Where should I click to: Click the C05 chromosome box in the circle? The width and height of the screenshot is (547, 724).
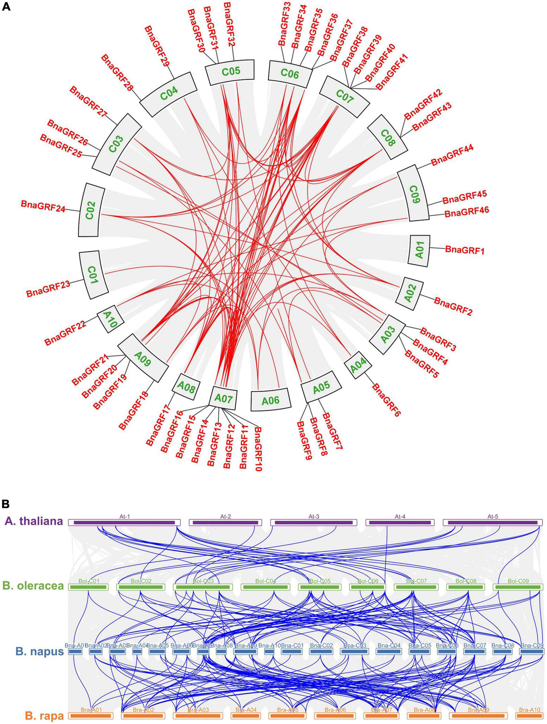(x=231, y=72)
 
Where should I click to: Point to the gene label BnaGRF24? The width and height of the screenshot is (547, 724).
(x=43, y=206)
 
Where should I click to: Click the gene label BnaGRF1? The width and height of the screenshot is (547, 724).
(x=465, y=250)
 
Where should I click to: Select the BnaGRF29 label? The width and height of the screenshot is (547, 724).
(x=157, y=45)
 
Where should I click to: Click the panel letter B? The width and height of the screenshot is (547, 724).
(x=6, y=504)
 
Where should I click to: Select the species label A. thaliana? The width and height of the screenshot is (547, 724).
(x=34, y=521)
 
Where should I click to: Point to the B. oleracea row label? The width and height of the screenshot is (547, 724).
(x=33, y=586)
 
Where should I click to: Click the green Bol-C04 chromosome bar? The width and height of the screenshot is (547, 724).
(x=265, y=587)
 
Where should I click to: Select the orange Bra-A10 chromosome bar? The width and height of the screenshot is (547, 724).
(x=529, y=716)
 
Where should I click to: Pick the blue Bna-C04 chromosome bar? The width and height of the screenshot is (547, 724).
(x=389, y=652)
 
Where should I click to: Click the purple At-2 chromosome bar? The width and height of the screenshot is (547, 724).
(x=225, y=523)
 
